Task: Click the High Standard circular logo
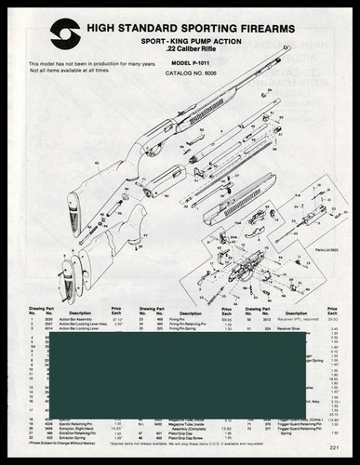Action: pos(64,31)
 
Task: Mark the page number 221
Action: pos(345,451)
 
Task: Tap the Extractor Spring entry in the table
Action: pos(73,436)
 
